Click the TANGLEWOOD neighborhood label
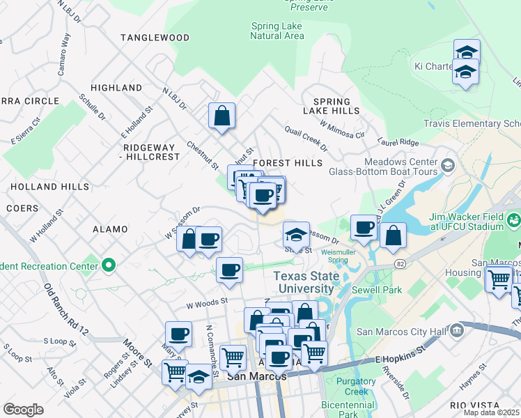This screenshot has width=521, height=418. [155, 38]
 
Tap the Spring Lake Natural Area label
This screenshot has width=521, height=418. [277, 31]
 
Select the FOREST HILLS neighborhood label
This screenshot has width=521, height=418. [288, 163]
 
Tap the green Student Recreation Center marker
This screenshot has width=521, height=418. [108, 265]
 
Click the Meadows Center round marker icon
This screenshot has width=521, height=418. [446, 166]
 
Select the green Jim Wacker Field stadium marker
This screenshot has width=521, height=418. [514, 221]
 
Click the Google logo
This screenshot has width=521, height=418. [24, 410]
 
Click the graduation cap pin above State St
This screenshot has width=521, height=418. [297, 234]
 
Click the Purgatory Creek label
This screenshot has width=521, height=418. [356, 387]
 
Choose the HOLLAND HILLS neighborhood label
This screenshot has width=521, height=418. [44, 187]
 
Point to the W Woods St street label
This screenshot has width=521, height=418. [207, 303]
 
